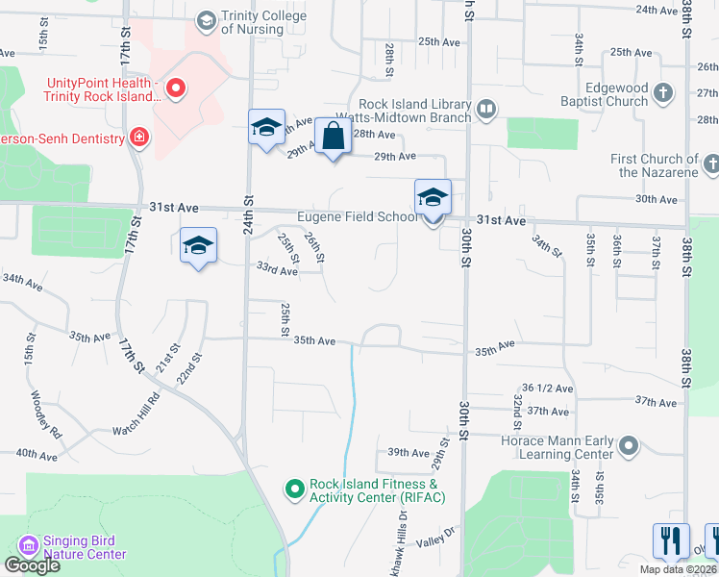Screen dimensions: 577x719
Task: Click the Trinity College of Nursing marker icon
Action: pyautogui.click(x=206, y=20)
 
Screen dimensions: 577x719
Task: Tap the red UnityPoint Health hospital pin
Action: pyautogui.click(x=175, y=89)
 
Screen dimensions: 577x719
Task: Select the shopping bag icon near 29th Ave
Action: pyautogui.click(x=334, y=137)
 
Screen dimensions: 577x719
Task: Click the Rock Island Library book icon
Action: pyautogui.click(x=485, y=110)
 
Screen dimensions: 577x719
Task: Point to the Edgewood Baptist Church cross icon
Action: pyautogui.click(x=662, y=93)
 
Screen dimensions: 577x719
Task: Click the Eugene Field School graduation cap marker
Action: pyautogui.click(x=433, y=199)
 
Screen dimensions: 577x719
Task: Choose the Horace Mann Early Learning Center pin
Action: pyautogui.click(x=629, y=445)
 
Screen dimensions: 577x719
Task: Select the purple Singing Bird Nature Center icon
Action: pyautogui.click(x=28, y=546)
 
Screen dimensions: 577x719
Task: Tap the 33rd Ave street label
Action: pyautogui.click(x=276, y=271)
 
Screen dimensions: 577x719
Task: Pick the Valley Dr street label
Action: pyautogui.click(x=434, y=543)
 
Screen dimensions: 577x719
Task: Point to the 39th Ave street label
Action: pyautogui.click(x=408, y=452)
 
